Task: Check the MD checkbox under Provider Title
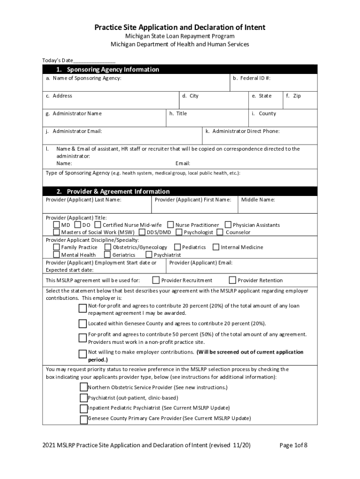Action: click(57, 225)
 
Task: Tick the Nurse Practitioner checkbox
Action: click(171, 225)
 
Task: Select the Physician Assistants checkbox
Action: click(228, 225)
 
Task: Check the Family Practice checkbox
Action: click(57, 247)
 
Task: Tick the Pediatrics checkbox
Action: click(178, 247)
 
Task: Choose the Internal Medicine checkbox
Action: click(216, 247)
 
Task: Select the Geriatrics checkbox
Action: click(108, 255)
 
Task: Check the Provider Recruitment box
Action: click(156, 280)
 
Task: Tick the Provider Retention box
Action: click(232, 280)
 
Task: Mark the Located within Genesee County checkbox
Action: click(83, 324)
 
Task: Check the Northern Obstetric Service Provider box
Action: click(84, 387)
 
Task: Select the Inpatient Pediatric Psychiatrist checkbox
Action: click(84, 408)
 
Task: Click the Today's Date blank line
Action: click(94, 61)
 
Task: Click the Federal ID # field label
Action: click(252, 78)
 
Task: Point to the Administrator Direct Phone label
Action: click(243, 131)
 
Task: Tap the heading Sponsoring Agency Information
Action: click(108, 69)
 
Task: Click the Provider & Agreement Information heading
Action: click(113, 191)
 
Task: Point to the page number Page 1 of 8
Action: click(293, 445)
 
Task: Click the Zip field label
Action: click(294, 96)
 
